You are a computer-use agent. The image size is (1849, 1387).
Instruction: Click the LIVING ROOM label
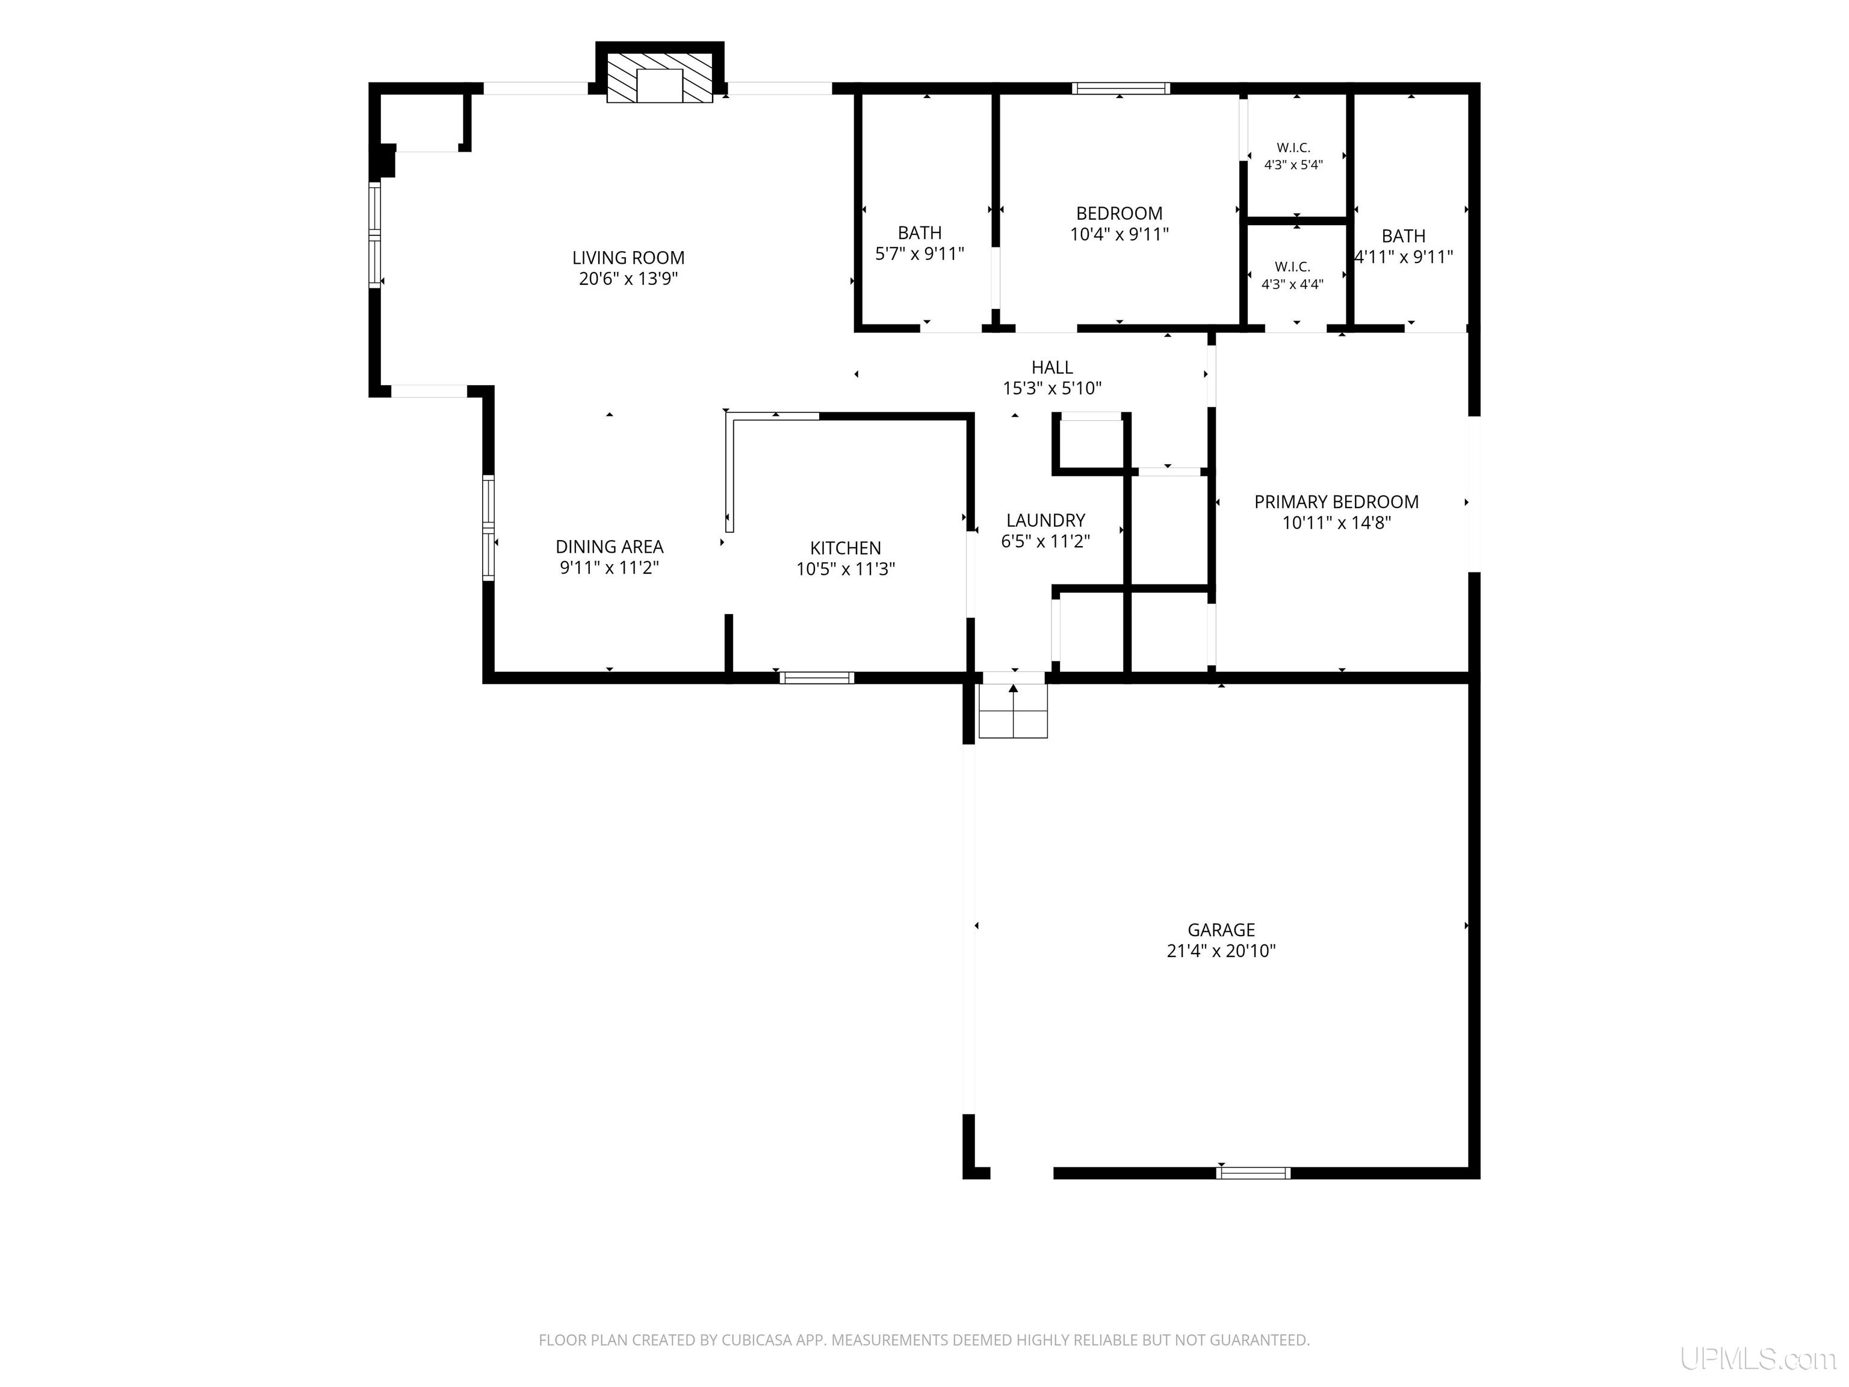[x=628, y=258]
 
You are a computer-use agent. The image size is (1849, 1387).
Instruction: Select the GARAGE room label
[x=1221, y=929]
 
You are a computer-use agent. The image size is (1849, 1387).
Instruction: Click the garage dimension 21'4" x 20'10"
[x=1221, y=951]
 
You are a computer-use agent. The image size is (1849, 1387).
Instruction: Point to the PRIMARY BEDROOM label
[x=1337, y=501]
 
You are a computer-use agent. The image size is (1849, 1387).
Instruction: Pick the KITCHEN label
[x=845, y=548]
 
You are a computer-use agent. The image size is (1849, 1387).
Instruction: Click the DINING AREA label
[x=609, y=547]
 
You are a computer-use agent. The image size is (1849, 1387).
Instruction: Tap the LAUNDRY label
[x=1045, y=520]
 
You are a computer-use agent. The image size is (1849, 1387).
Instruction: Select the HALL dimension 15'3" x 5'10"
[x=1052, y=388]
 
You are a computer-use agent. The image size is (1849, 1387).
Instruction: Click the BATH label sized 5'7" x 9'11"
[x=920, y=232]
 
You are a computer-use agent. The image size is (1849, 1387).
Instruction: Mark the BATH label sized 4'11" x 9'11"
[x=1404, y=236]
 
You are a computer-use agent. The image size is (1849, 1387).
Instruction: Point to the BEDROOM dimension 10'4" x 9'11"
[x=1120, y=234]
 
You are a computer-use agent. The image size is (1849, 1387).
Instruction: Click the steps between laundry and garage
[x=1013, y=710]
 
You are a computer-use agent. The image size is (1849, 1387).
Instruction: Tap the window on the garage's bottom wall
[x=1253, y=1173]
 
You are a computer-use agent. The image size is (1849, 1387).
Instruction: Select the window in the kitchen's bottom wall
[x=817, y=678]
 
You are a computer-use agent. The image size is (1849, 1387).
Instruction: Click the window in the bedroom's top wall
[x=1121, y=88]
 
